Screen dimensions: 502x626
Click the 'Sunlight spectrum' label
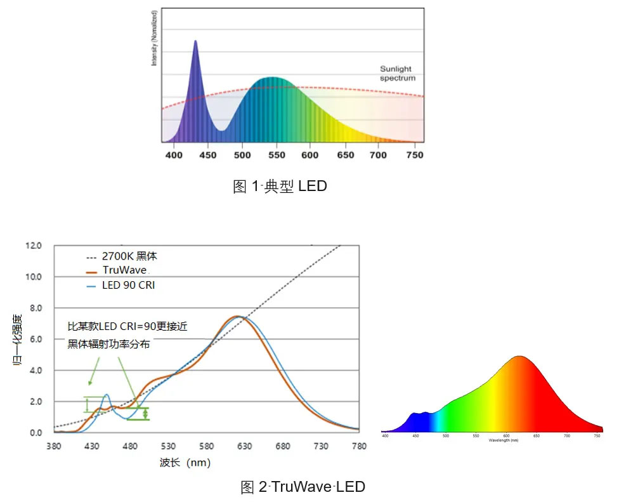pos(398,73)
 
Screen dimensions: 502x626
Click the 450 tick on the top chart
pos(207,155)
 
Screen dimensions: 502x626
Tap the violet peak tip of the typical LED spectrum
pos(195,42)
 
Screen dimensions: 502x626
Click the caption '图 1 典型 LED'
pos(280,187)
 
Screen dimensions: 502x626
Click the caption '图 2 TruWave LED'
pos(303,487)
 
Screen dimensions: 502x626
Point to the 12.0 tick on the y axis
pos(34,246)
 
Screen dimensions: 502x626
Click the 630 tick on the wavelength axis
pos(244,446)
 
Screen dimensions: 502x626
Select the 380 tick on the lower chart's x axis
pos(54,446)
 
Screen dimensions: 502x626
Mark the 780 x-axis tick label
pos(359,446)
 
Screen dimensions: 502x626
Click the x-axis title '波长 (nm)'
pos(185,463)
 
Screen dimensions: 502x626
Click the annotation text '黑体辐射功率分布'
pos(110,343)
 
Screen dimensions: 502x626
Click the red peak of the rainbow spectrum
pos(520,357)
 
